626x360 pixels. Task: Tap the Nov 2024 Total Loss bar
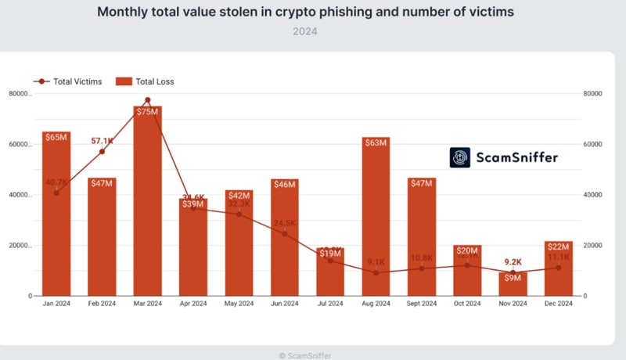click(513, 285)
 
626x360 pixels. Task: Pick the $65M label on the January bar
click(56, 137)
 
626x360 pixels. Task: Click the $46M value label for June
click(284, 185)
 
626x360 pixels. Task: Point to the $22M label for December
click(558, 247)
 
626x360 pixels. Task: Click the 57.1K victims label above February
click(102, 141)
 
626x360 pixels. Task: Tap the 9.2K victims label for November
click(513, 262)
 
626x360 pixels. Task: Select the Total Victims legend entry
click(67, 81)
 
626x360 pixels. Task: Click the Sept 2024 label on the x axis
click(421, 304)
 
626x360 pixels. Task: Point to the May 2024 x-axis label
click(239, 304)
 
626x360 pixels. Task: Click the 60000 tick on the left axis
click(19, 145)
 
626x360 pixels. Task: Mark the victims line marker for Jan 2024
click(56, 193)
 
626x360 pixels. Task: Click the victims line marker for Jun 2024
click(284, 234)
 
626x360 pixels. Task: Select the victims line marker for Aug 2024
click(376, 272)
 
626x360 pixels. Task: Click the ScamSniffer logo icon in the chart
click(461, 157)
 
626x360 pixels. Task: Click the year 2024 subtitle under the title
click(306, 32)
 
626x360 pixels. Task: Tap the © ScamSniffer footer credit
click(305, 355)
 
